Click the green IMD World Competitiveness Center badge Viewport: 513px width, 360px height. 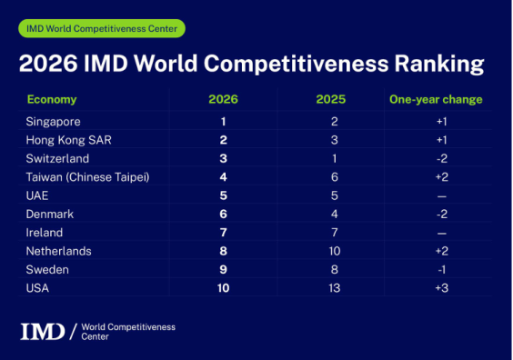tap(102, 28)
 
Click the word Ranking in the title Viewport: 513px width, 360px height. tap(439, 64)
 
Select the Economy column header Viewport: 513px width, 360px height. tap(52, 99)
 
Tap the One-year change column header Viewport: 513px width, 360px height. tap(436, 99)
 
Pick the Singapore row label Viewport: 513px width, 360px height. tap(53, 122)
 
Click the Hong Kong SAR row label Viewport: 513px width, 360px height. tap(69, 140)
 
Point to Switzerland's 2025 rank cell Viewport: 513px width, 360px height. tap(335, 158)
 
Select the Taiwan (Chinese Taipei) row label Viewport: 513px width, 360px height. tap(87, 177)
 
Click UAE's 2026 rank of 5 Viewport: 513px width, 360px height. tap(224, 195)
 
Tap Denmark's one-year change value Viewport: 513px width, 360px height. tap(442, 215)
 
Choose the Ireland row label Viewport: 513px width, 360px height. tap(45, 233)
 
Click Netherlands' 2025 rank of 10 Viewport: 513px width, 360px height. tap(335, 251)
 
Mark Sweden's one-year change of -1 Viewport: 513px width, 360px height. tap(442, 270)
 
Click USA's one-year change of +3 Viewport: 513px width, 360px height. tap(442, 288)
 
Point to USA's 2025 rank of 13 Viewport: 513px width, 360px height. tap(335, 288)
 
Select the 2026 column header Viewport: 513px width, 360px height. tap(224, 99)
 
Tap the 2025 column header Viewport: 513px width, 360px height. tap(331, 99)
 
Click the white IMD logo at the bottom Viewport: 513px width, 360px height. tap(43, 332)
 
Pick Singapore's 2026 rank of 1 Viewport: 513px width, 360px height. tap(224, 122)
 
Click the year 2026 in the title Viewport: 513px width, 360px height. tap(48, 63)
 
